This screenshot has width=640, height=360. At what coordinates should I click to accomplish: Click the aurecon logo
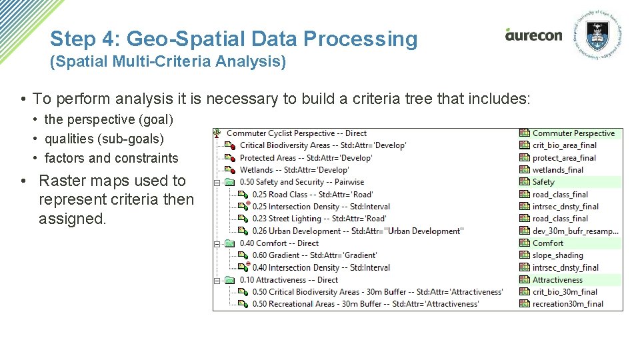(x=533, y=35)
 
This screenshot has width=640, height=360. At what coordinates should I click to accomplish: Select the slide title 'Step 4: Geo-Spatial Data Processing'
(x=233, y=39)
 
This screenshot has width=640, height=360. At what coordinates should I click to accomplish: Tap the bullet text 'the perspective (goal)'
(x=108, y=119)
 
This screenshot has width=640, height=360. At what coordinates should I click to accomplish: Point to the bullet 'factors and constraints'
(x=111, y=158)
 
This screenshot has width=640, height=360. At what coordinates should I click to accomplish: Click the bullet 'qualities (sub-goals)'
(x=104, y=139)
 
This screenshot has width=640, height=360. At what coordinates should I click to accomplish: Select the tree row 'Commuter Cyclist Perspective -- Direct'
(x=297, y=133)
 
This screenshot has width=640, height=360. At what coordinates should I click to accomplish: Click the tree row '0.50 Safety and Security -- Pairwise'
(x=301, y=182)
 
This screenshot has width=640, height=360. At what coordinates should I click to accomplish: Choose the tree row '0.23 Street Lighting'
(x=319, y=219)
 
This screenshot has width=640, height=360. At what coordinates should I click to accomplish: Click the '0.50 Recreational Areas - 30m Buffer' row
(x=365, y=304)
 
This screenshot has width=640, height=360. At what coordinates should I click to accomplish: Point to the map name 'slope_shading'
(x=557, y=255)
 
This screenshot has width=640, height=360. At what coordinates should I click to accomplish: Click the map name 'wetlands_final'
(x=557, y=170)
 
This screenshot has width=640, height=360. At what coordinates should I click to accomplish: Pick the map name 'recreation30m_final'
(x=567, y=304)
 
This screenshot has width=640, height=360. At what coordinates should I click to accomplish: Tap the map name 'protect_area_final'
(x=564, y=158)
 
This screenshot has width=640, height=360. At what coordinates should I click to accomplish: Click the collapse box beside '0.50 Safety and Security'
(x=217, y=182)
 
